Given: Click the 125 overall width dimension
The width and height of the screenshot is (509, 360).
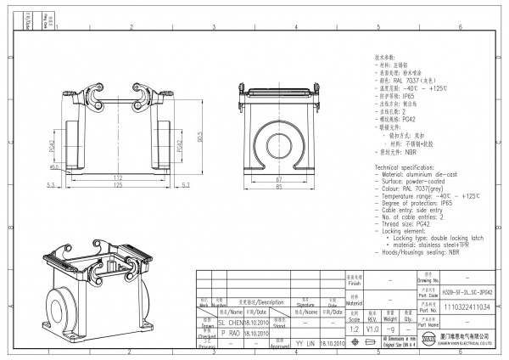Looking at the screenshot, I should tap(118, 185).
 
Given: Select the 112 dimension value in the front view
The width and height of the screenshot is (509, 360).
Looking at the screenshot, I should tap(118, 177).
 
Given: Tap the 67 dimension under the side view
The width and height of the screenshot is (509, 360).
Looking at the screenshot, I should tap(277, 180).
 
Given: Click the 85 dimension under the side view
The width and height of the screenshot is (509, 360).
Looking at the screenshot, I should tap(277, 188).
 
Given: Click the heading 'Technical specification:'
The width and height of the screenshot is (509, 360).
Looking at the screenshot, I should tap(405, 168).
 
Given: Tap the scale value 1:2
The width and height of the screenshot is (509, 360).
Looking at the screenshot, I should tap(354, 327).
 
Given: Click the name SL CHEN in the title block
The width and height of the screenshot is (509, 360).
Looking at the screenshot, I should tap(232, 322).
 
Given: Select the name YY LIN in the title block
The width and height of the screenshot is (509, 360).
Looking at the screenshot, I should tap(305, 343).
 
